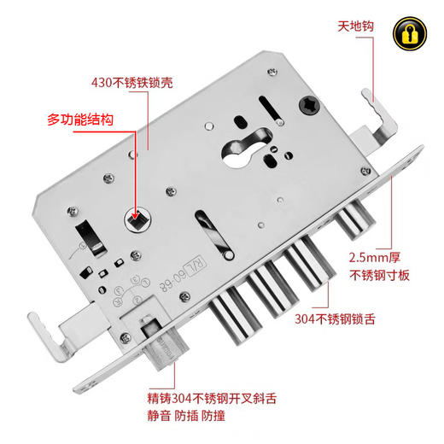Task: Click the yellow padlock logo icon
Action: (x=410, y=33)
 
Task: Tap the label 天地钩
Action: (x=355, y=26)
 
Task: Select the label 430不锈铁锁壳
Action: (x=132, y=83)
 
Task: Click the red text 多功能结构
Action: (x=80, y=120)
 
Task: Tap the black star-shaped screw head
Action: (x=309, y=105)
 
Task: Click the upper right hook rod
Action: (x=380, y=117)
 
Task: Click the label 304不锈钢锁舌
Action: (x=335, y=318)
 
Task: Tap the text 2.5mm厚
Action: (x=375, y=258)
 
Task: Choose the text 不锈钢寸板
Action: (x=379, y=275)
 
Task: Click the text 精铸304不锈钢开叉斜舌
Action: (x=212, y=398)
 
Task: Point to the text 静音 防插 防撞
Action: (x=186, y=416)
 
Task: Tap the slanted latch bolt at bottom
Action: (x=164, y=344)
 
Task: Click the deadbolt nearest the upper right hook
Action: (x=355, y=220)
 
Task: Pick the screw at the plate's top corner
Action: (x=272, y=72)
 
